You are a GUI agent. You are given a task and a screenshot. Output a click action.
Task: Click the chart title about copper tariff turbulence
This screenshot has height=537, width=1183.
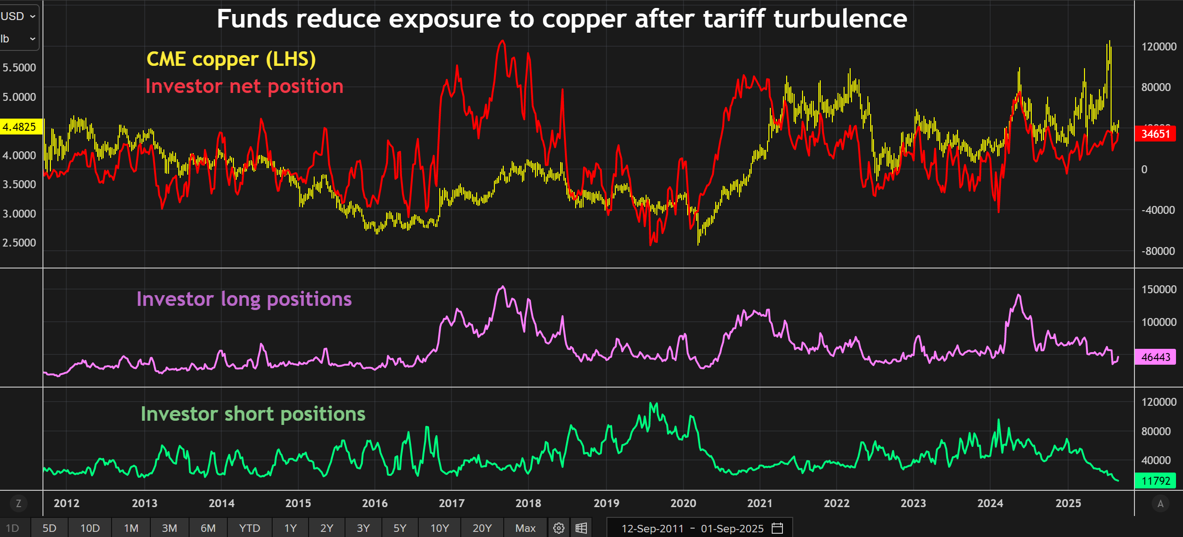(562, 19)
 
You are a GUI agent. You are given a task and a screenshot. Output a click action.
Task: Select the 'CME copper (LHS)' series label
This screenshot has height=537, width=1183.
(231, 59)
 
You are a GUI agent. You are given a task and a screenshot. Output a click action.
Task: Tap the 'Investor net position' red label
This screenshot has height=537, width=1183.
(244, 86)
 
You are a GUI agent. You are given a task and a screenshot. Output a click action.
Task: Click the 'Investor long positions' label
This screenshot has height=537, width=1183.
(244, 299)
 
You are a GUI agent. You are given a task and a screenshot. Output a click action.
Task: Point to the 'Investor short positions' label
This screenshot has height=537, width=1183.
(253, 414)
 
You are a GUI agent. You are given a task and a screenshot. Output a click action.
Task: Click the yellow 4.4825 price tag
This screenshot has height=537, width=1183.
(20, 127)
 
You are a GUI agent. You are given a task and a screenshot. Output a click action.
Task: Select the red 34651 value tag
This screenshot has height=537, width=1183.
(1155, 134)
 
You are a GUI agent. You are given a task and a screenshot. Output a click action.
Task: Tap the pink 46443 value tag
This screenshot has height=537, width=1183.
(1155, 357)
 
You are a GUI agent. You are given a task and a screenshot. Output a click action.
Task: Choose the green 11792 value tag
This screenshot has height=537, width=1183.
(1155, 480)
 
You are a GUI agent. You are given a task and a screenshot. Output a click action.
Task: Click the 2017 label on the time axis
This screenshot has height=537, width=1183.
(451, 503)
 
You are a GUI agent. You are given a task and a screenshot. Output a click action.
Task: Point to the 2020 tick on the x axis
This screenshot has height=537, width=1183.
(683, 503)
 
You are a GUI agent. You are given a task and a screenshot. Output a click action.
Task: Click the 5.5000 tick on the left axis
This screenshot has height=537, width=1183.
(19, 68)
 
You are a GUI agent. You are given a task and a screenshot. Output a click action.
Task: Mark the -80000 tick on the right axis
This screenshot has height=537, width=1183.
(1158, 251)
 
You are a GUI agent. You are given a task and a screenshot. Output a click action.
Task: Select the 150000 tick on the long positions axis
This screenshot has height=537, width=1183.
(1159, 290)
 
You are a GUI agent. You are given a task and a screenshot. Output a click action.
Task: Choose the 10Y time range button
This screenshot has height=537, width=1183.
(439, 528)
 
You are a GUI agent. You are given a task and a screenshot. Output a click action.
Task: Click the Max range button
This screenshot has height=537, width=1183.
(525, 528)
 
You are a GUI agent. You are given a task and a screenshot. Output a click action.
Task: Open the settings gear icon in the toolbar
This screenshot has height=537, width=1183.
(559, 528)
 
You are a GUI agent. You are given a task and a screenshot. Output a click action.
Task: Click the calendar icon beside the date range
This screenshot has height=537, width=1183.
(777, 528)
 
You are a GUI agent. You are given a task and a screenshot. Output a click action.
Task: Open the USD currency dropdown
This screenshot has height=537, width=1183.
(19, 16)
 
